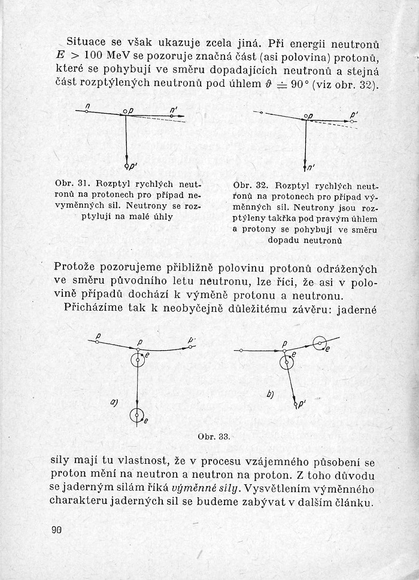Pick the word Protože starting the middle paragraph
pyautogui.click(x=76, y=268)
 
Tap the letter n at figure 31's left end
pyautogui.click(x=87, y=106)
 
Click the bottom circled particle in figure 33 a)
pyautogui.click(x=138, y=415)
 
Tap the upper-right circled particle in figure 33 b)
pyautogui.click(x=320, y=343)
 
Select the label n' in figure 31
pyautogui.click(x=173, y=109)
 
